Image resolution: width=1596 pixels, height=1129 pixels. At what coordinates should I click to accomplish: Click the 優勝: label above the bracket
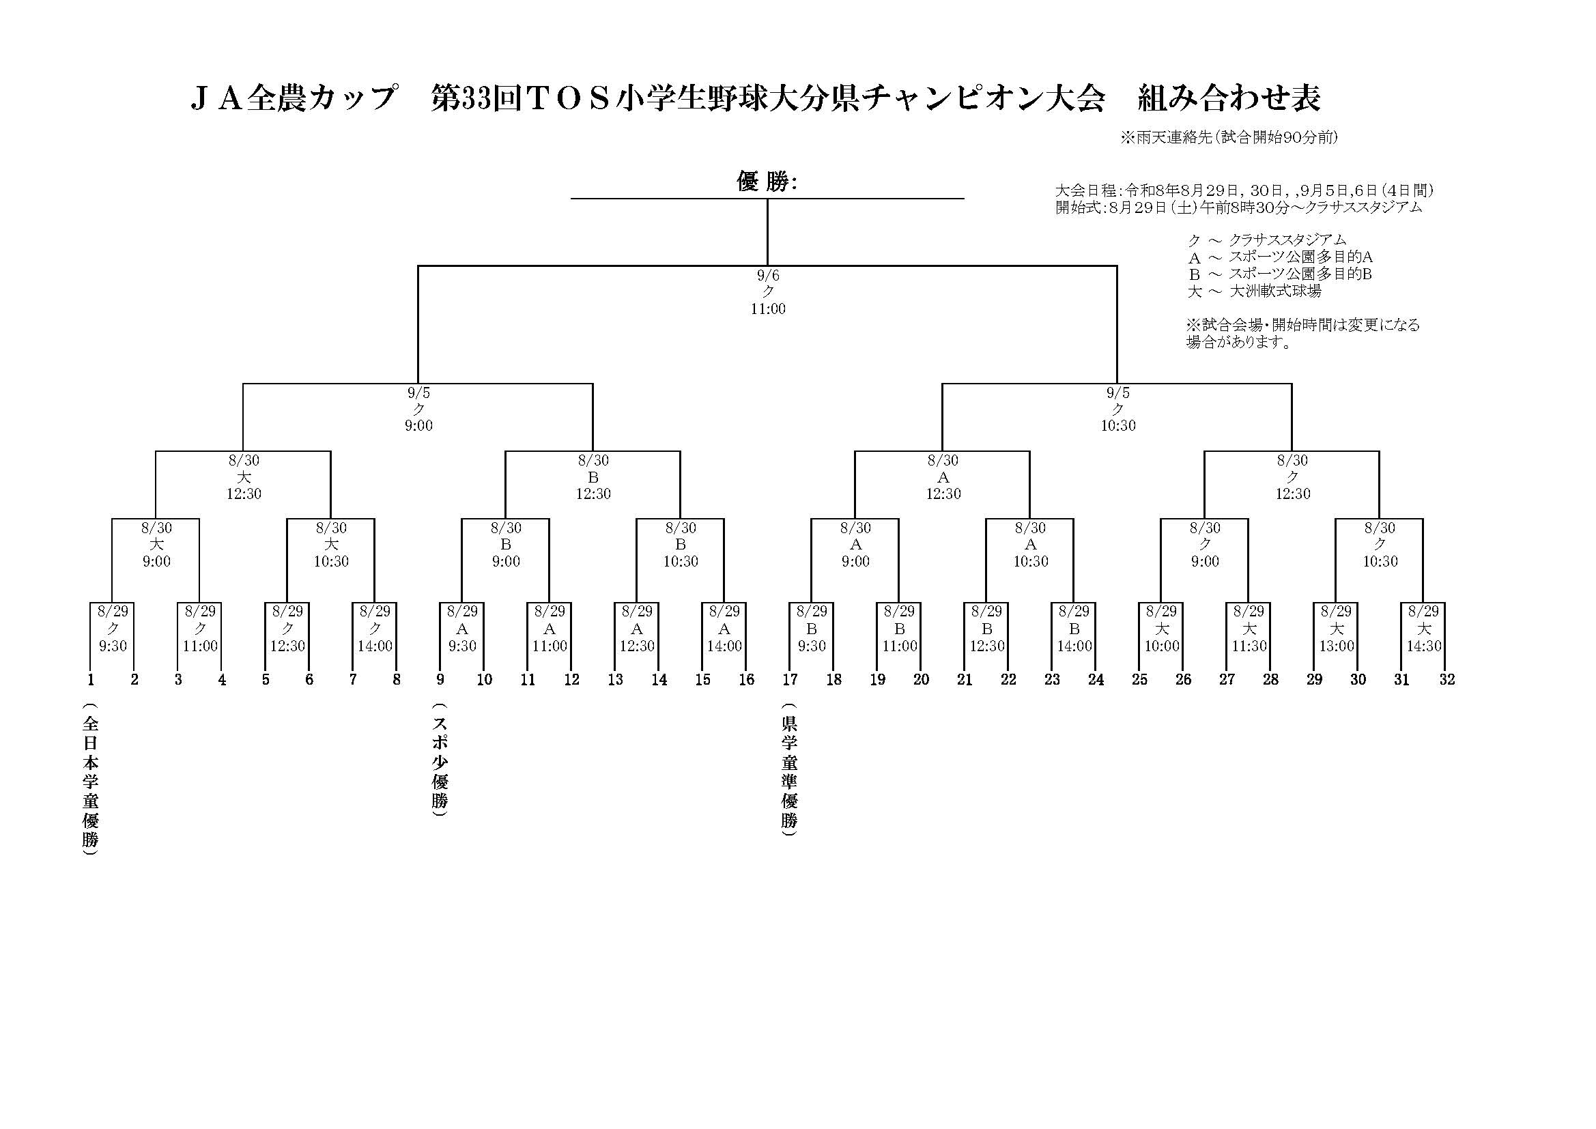(767, 182)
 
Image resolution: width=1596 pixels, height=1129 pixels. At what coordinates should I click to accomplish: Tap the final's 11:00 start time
(767, 309)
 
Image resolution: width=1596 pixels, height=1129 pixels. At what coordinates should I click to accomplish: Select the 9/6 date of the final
(768, 276)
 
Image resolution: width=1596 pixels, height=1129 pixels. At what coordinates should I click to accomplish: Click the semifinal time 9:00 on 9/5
(418, 425)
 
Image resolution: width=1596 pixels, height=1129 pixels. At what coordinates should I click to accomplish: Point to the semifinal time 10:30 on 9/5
(1117, 425)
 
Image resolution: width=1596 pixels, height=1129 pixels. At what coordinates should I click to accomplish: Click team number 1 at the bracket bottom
(90, 679)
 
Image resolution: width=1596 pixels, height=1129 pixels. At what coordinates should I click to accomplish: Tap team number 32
(1447, 679)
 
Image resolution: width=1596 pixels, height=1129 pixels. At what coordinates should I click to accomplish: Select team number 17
(790, 679)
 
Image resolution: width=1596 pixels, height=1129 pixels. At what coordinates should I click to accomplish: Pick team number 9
(440, 679)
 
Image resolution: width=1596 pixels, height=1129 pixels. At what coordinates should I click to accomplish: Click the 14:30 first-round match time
(1423, 646)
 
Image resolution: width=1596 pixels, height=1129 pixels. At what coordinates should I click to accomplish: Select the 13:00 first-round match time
(1336, 646)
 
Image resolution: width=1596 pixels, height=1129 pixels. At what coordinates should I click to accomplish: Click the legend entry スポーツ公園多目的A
(1280, 257)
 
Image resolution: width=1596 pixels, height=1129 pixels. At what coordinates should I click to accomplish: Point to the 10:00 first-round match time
(1162, 646)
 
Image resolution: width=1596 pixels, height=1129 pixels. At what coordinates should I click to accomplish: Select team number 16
(746, 679)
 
